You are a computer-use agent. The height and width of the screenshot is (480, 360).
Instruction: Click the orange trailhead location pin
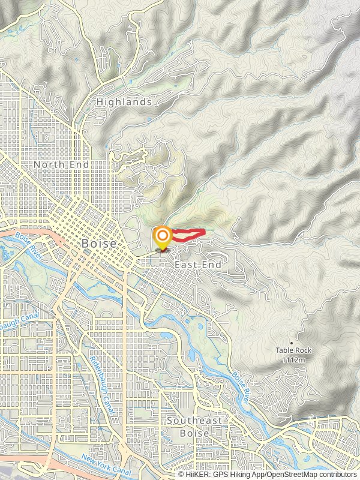coord(162,238)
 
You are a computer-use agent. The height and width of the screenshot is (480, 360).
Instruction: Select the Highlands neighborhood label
coord(124,103)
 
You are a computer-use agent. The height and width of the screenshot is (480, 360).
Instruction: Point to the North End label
coord(61,164)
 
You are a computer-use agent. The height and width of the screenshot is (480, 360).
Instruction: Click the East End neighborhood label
coord(198,265)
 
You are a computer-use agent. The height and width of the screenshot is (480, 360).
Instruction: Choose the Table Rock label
coord(294,350)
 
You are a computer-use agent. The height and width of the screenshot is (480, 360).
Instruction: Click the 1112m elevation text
coord(294,359)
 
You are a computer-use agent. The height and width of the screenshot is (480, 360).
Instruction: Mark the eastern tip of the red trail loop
coord(205,231)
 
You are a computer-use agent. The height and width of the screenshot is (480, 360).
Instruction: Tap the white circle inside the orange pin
coord(162,235)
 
